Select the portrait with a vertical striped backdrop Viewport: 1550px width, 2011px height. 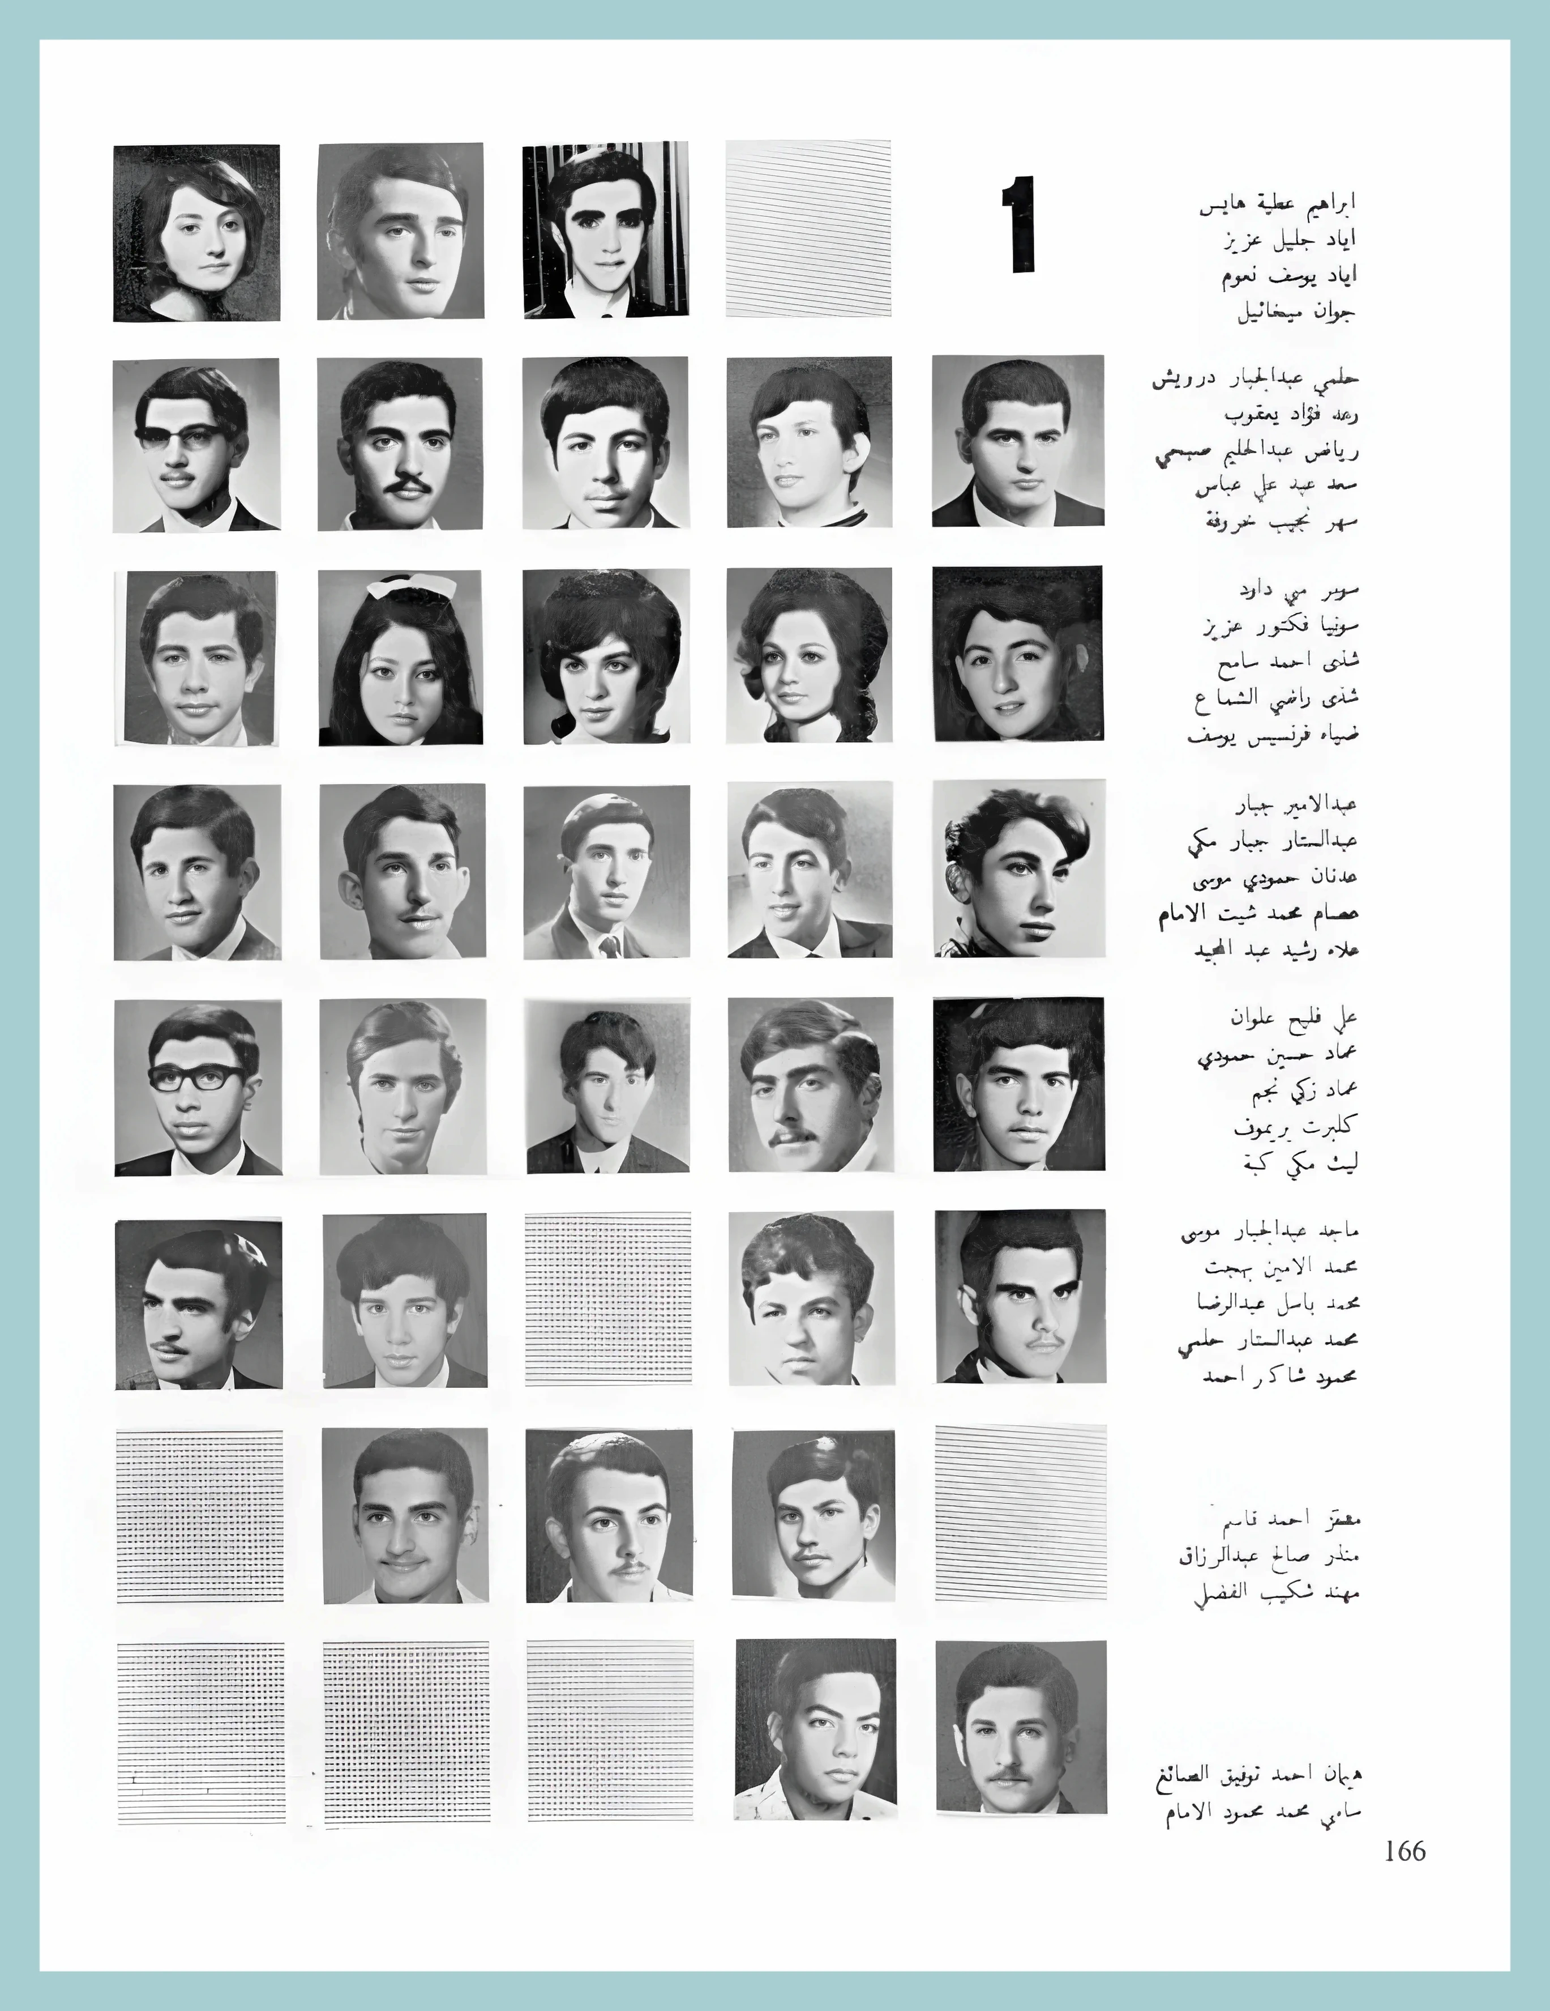tap(605, 229)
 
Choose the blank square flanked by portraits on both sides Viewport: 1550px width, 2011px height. tap(607, 1298)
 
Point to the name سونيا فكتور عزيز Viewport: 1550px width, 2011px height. tap(1281, 626)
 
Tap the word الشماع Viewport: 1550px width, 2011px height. tap(1226, 699)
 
